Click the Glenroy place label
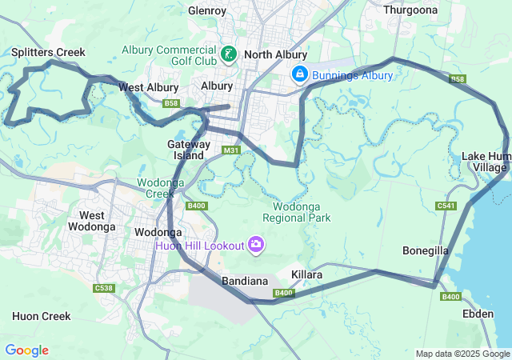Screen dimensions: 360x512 tap(207, 10)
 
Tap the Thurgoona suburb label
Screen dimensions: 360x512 tap(411, 10)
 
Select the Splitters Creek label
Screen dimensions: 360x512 tap(48, 52)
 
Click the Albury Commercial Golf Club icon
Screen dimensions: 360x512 tap(230, 54)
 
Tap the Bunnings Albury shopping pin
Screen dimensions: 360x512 tap(299, 74)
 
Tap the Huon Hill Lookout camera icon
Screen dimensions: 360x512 tap(256, 244)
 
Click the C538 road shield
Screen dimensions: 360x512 tap(103, 288)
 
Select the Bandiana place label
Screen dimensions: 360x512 tap(245, 281)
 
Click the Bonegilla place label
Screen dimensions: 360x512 tap(426, 250)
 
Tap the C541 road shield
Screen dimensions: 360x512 tap(446, 206)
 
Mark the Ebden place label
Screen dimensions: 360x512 tap(478, 314)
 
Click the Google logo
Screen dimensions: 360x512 tap(26, 350)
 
